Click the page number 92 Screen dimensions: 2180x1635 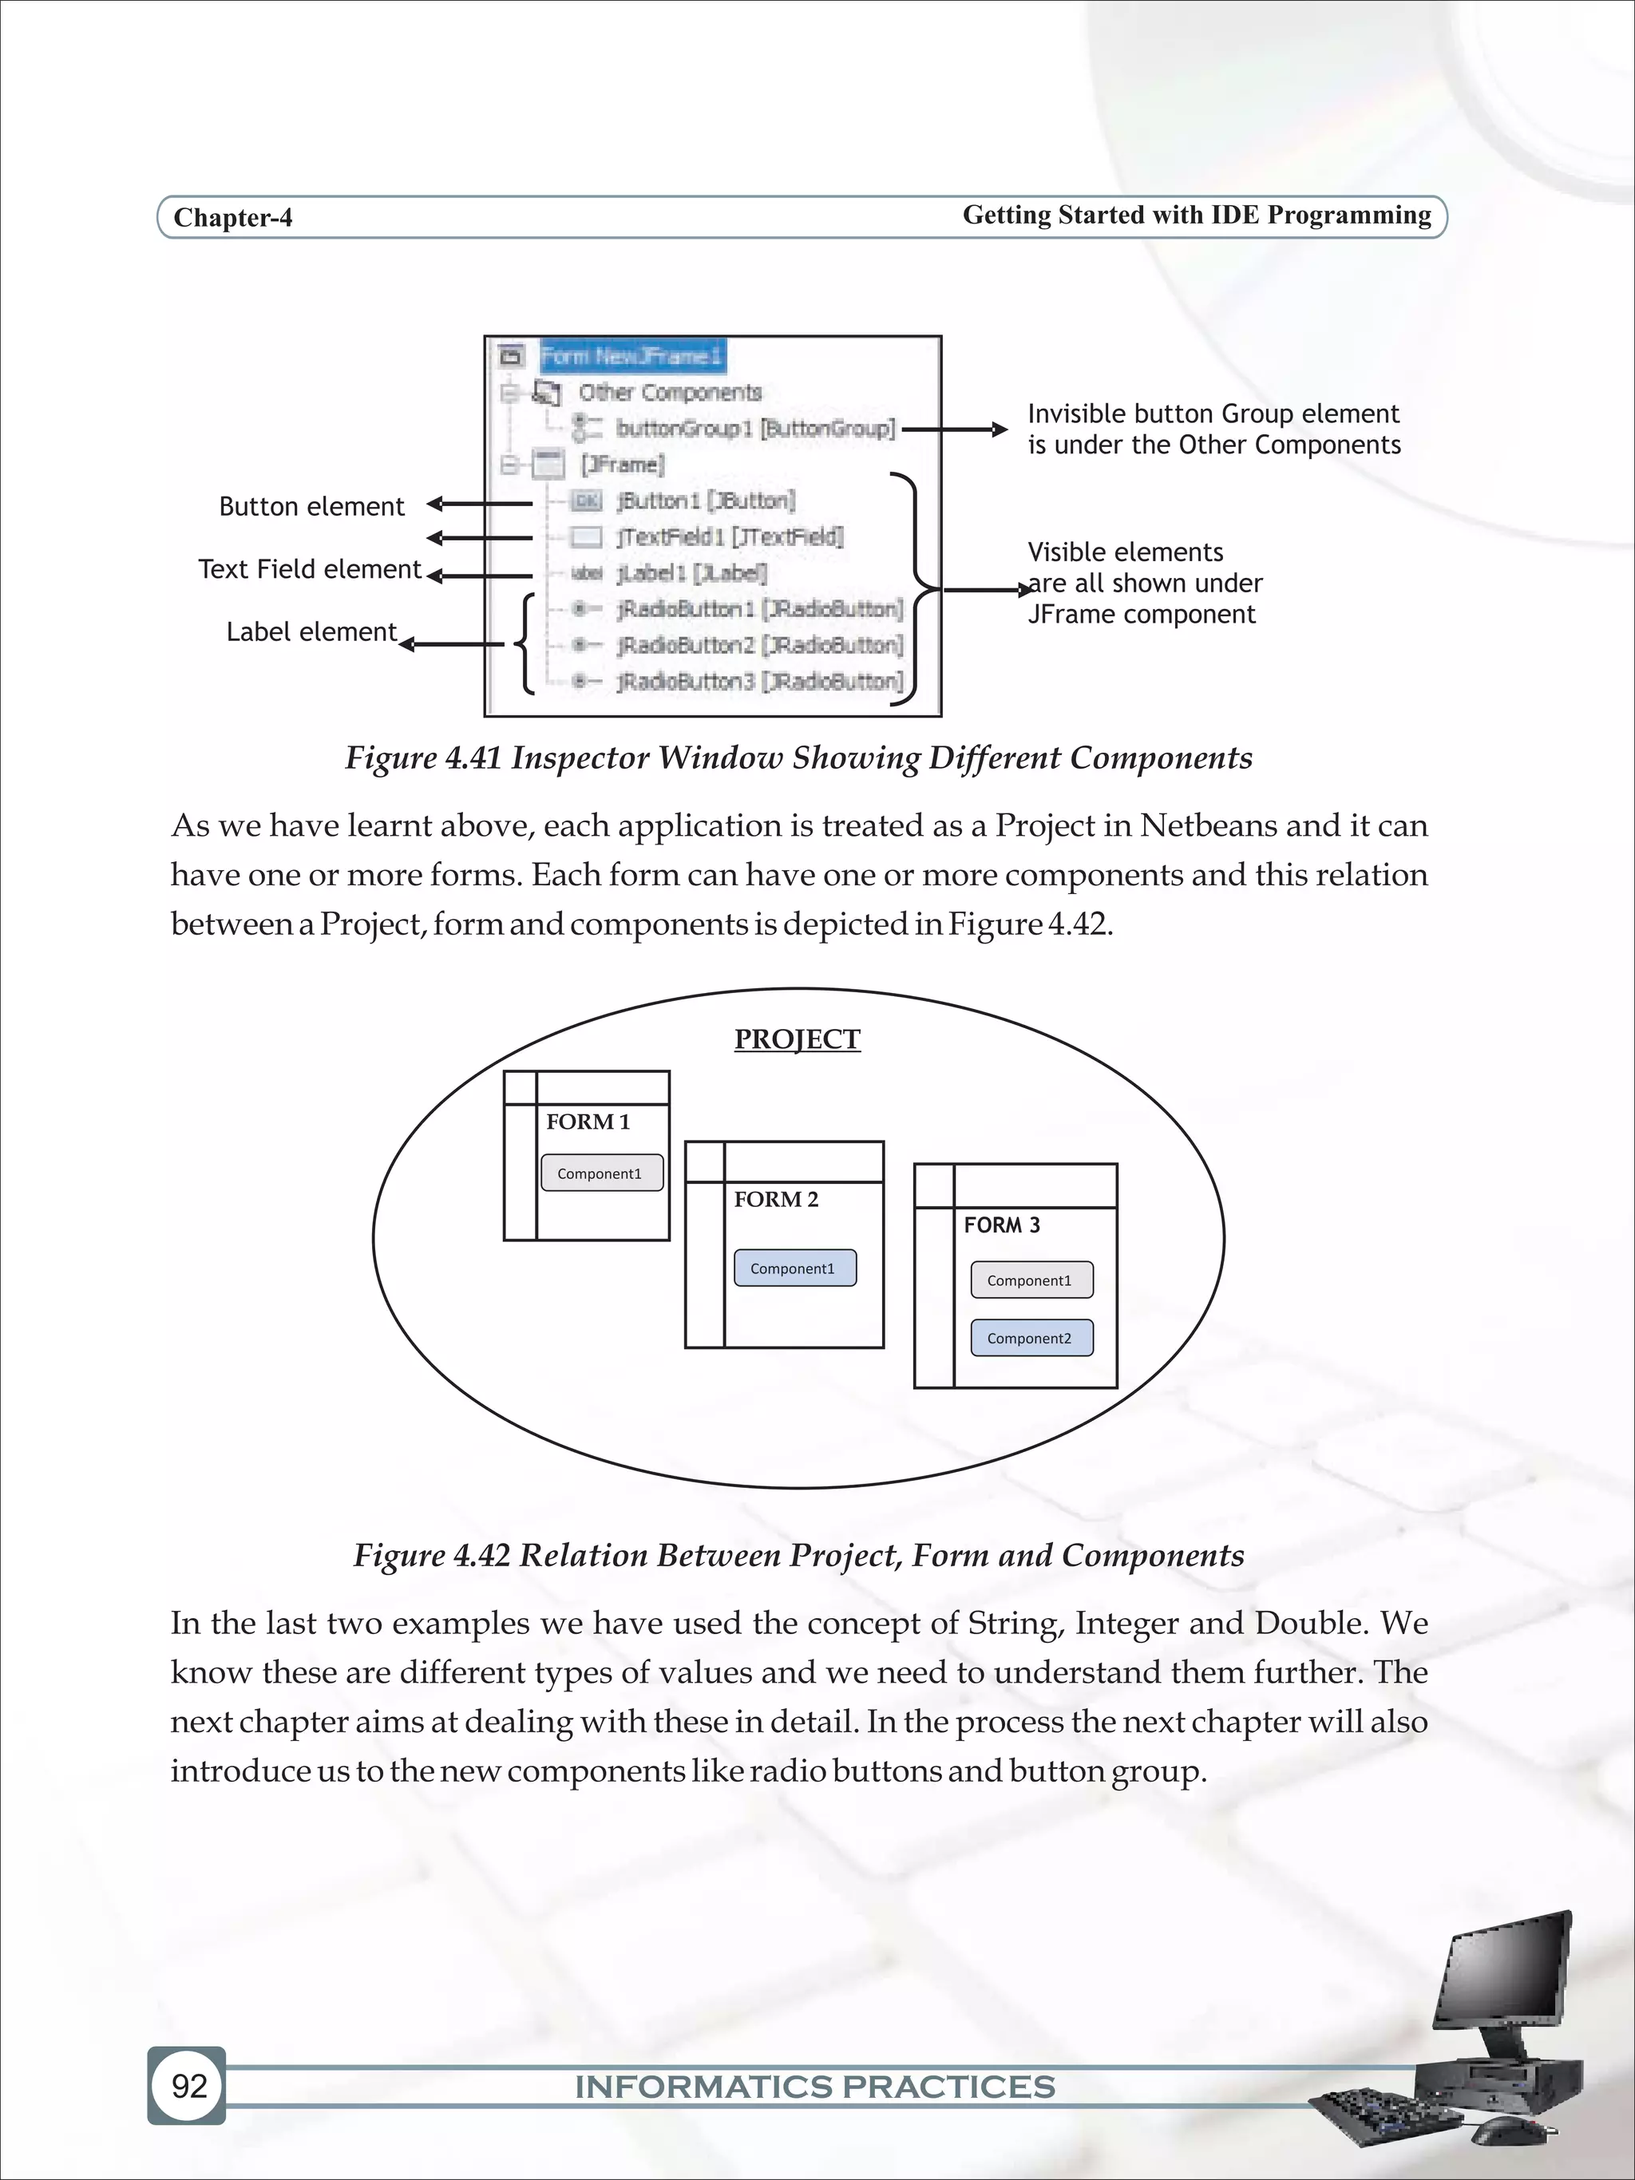tap(188, 2085)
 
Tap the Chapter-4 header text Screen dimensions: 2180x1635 tap(232, 218)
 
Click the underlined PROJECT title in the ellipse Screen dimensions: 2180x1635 tap(798, 1039)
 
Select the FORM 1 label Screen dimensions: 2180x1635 tap(588, 1122)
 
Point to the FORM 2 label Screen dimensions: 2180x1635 tap(776, 1200)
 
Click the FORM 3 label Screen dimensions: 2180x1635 tap(1001, 1225)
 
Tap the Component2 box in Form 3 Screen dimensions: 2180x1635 tap(1031, 1339)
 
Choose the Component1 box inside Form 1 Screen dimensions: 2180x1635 tap(601, 1173)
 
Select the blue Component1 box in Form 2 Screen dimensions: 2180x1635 tap(794, 1268)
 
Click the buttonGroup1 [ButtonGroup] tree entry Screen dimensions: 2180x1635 tap(755, 429)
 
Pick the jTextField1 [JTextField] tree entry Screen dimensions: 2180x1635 tap(730, 537)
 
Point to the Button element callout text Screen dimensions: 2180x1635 tap(311, 507)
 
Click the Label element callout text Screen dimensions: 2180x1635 tap(311, 631)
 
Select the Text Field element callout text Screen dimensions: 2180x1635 tap(310, 570)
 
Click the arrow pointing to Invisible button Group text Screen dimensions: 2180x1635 tap(954, 429)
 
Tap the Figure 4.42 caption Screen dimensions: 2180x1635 tap(798, 1555)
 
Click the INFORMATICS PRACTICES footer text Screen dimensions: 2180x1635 tap(815, 2087)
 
